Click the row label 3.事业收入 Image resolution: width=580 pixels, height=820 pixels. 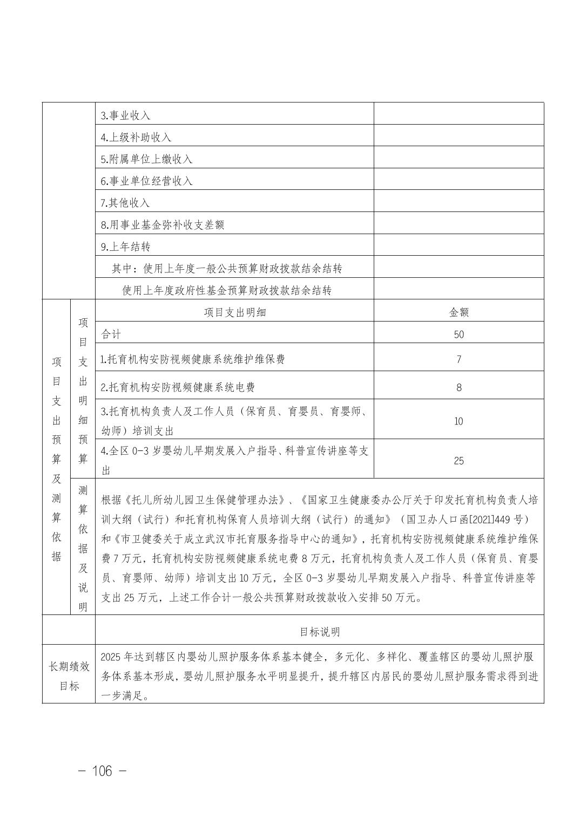pyautogui.click(x=125, y=115)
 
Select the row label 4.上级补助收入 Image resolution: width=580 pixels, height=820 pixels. pyautogui.click(x=136, y=138)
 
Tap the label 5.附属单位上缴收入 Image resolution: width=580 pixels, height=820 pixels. pyautogui.click(x=146, y=159)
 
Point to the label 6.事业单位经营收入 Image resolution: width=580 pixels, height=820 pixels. pyautogui.click(x=146, y=181)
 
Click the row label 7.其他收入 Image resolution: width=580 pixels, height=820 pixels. pyautogui.click(x=125, y=203)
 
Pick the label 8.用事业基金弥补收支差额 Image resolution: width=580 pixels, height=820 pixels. pyautogui.click(x=162, y=225)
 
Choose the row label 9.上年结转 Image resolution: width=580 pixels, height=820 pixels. pyautogui.click(x=125, y=247)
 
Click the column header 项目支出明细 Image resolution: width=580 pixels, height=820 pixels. pyautogui.click(x=234, y=312)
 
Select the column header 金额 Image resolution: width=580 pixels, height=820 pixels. pyautogui.click(x=458, y=312)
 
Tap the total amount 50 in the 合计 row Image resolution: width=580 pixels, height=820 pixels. pyautogui.click(x=458, y=334)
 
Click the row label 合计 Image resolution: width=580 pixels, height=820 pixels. pyautogui.click(x=111, y=334)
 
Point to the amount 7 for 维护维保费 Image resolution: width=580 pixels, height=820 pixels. pyautogui.click(x=458, y=359)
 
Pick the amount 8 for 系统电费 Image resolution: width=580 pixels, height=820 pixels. pyautogui.click(x=458, y=387)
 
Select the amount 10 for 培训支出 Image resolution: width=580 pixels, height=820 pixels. pyautogui.click(x=458, y=421)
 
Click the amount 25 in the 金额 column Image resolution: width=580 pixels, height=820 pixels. pyautogui.click(x=458, y=461)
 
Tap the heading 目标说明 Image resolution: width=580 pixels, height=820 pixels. pyautogui.click(x=320, y=632)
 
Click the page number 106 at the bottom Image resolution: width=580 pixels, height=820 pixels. pyautogui.click(x=102, y=771)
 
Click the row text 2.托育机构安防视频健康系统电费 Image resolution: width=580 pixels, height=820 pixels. pyautogui.click(x=178, y=387)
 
